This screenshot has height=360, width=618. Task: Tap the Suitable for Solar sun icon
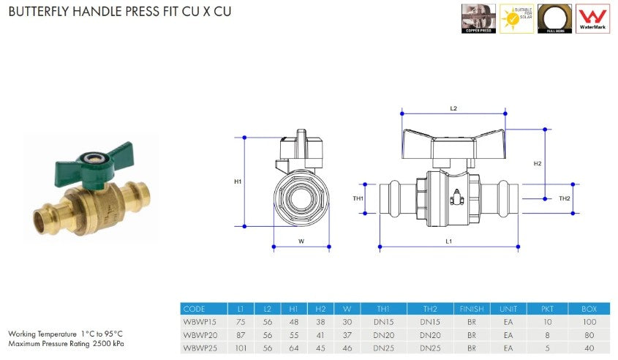516,18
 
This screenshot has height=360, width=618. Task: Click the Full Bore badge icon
555,18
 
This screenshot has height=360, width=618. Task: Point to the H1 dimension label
238,181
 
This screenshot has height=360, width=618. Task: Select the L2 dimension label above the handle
453,108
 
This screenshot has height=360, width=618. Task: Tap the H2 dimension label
538,163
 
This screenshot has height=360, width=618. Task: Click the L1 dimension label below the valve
449,241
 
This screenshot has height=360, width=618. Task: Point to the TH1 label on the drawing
358,198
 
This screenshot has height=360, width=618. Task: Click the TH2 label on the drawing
564,198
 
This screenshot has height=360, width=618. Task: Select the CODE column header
195,310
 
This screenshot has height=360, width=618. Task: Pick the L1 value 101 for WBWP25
240,348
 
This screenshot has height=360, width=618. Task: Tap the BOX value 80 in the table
589,335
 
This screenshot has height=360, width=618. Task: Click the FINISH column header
471,310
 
